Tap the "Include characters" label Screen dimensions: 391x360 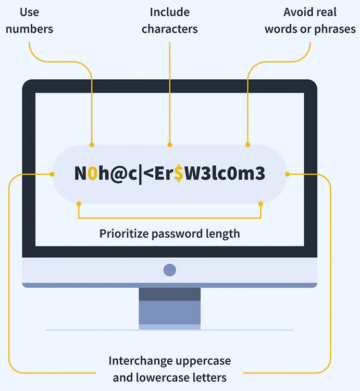tap(170, 20)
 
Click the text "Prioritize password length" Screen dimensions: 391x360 tap(170, 234)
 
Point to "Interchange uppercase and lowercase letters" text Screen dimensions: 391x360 tap(170, 369)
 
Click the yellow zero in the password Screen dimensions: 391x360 tap(92, 174)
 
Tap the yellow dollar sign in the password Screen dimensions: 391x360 tap(178, 174)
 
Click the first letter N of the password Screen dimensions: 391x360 tap(80, 174)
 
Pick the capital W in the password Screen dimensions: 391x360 tap(192, 174)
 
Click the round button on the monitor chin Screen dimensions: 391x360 tap(169, 270)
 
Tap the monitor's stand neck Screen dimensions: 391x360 tap(169, 308)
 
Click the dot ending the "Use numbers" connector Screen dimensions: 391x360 tap(92, 145)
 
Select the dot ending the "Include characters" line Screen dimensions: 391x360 tap(170, 145)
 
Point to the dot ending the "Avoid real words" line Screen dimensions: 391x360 tap(247, 145)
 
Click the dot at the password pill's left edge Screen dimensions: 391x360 tap(52, 174)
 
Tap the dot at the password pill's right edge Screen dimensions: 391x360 tap(287, 174)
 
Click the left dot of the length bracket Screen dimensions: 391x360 tap(78, 203)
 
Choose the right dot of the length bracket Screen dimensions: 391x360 tap(261, 203)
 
